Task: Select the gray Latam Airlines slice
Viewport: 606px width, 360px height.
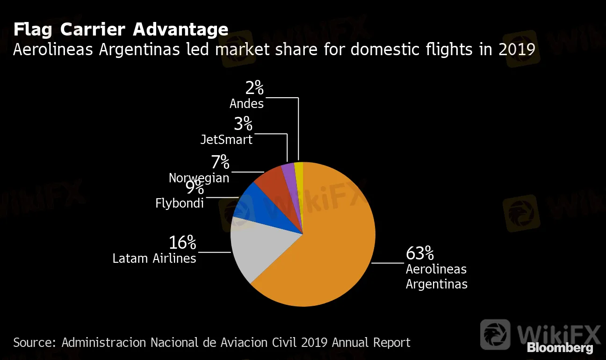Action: pos(257,248)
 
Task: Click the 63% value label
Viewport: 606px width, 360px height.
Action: pos(420,253)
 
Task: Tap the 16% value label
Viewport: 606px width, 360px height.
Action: pos(182,243)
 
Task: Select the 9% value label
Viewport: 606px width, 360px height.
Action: pos(195,188)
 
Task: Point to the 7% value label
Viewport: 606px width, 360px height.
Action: pos(220,162)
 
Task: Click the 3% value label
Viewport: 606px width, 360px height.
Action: pos(243,124)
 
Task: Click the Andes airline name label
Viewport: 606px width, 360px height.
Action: pos(247,103)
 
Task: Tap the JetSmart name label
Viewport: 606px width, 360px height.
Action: pos(226,139)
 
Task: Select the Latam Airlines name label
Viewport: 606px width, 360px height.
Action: pos(154,258)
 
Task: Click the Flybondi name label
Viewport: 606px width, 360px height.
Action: pos(180,203)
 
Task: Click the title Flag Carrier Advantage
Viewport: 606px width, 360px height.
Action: pos(121,29)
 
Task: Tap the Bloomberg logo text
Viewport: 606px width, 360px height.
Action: pos(560,348)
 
